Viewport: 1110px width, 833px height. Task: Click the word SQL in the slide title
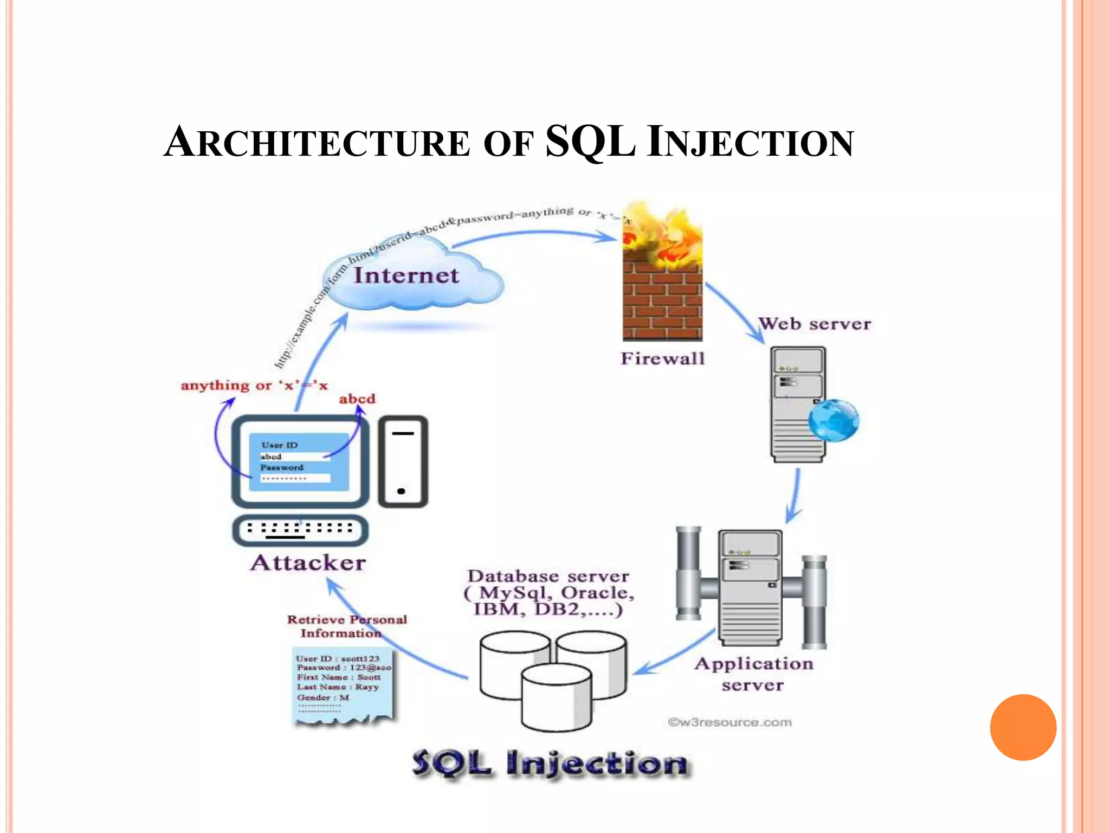590,142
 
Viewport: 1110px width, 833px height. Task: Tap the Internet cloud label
406,275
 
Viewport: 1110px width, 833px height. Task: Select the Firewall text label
662,358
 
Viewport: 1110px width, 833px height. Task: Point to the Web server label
814,324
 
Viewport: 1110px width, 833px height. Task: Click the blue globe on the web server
834,421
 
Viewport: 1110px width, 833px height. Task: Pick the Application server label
754,674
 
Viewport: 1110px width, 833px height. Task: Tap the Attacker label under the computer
308,563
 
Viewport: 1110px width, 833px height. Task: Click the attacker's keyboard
300,529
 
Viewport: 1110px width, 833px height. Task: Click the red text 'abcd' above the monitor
357,399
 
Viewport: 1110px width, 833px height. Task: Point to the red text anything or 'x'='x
254,386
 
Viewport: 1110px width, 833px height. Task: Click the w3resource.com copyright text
730,722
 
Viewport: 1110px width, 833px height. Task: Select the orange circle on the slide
1023,727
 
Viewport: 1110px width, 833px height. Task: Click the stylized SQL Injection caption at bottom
550,763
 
